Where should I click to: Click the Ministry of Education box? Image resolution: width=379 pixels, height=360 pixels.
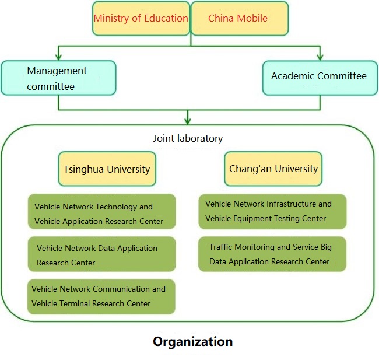click(141, 18)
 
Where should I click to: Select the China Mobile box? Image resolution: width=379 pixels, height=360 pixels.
click(239, 18)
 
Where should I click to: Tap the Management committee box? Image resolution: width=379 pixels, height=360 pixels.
click(58, 78)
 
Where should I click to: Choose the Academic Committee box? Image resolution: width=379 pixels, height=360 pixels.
click(319, 77)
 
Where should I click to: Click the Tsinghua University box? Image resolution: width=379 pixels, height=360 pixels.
click(107, 169)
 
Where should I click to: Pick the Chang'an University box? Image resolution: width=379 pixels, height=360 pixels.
click(273, 169)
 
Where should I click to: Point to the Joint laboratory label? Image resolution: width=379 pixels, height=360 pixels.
click(188, 138)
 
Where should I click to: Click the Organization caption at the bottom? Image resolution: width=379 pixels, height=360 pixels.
click(192, 341)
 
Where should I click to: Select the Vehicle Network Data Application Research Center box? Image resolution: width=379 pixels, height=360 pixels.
click(101, 255)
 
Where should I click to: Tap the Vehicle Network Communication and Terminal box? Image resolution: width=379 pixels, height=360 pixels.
click(101, 296)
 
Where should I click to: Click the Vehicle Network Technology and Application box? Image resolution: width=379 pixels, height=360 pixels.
click(101, 214)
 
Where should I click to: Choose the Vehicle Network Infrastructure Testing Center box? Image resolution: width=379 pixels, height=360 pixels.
click(272, 211)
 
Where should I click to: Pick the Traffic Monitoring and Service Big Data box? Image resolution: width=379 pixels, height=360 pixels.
click(272, 254)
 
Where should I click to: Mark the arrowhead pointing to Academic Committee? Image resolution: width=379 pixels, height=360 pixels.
click(320, 57)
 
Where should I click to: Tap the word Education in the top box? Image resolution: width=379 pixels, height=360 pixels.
click(166, 18)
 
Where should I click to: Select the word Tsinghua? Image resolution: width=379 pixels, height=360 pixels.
click(83, 169)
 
